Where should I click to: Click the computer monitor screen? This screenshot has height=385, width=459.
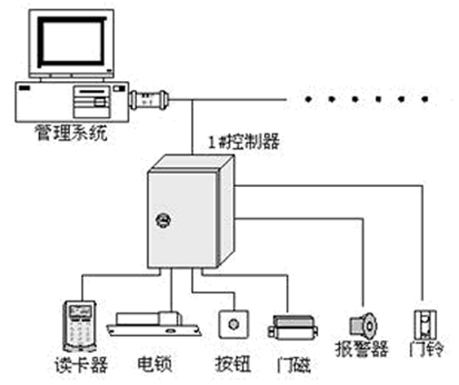tap(72, 41)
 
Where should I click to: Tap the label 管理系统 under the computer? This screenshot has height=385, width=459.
tap(71, 133)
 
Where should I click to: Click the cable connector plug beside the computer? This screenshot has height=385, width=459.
tap(149, 99)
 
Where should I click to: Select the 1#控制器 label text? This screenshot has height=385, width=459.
tap(244, 141)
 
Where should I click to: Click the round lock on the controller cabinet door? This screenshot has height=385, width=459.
tap(164, 220)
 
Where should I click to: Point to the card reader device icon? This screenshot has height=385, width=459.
tap(79, 326)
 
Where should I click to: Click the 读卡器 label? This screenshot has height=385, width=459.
tap(81, 364)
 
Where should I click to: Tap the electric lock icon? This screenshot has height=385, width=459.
tap(154, 324)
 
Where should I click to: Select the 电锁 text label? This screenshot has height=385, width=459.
tap(154, 363)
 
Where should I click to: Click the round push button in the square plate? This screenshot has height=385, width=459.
tap(234, 325)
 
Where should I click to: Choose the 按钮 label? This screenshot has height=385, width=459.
tap(233, 364)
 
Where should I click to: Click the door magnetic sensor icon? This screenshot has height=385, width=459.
tap(293, 327)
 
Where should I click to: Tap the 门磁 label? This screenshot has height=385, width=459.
tap(294, 364)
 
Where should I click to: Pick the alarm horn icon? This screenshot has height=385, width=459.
tap(364, 326)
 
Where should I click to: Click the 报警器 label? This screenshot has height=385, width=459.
tap(362, 348)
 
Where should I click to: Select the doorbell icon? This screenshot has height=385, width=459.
tap(425, 325)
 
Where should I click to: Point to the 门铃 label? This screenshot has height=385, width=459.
tap(426, 348)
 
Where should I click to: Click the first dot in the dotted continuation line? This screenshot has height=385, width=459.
tap(308, 99)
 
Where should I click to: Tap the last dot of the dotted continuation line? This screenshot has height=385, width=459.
tap(425, 99)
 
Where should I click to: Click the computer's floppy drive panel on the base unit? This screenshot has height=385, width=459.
tap(92, 101)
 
